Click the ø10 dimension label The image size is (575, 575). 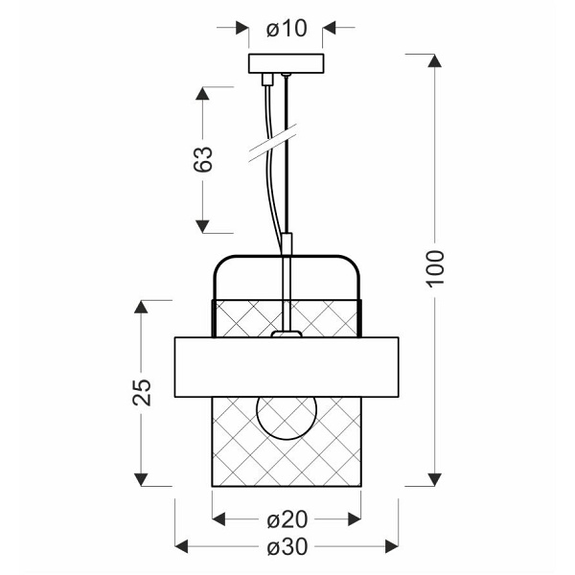[286, 29]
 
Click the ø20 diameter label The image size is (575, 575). [286, 519]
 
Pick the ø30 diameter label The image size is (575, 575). [286, 548]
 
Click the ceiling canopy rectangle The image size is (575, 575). [286, 65]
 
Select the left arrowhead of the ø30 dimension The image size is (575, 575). [180, 548]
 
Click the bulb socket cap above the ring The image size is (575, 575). [286, 334]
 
